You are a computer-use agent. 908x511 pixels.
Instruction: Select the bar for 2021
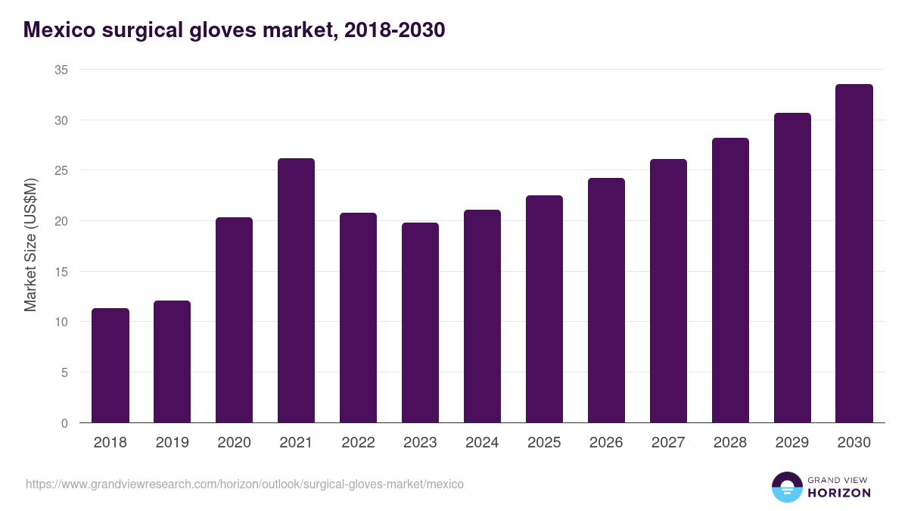[296, 291]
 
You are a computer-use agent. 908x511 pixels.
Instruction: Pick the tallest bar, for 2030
[854, 254]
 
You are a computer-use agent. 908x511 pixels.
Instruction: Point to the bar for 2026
[606, 301]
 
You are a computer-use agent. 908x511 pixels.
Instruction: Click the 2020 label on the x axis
[234, 443]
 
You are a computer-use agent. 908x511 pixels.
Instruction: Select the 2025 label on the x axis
[544, 443]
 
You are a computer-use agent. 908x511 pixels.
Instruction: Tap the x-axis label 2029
[792, 443]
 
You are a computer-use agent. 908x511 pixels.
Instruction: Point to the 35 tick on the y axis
[61, 70]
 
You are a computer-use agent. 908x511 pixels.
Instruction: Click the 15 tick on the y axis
[61, 272]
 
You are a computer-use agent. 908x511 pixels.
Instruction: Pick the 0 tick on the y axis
[64, 423]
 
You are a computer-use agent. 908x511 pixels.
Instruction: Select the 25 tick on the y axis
[61, 170]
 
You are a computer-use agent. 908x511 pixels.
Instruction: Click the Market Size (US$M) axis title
[30, 245]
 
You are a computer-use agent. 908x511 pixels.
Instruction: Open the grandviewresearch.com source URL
[244, 484]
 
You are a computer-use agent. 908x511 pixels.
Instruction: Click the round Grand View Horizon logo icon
[786, 487]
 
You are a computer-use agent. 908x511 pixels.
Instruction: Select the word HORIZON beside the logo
[839, 493]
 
